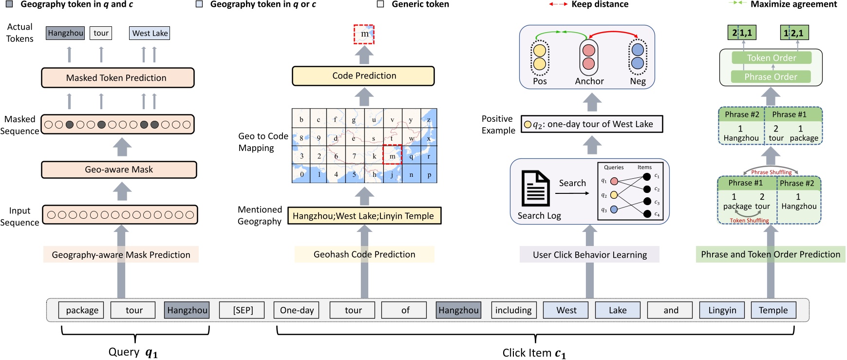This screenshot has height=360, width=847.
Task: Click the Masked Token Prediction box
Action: pyautogui.click(x=117, y=78)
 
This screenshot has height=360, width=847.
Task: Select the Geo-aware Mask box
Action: pyautogui.click(x=119, y=170)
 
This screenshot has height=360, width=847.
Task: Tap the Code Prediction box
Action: pyautogui.click(x=363, y=76)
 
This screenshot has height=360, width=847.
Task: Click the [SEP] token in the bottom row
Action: pyautogui.click(x=242, y=310)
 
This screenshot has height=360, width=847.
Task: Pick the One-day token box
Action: pyautogui.click(x=297, y=310)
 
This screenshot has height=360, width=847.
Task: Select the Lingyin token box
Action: pyautogui.click(x=722, y=310)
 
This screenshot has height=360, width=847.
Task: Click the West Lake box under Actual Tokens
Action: pyautogui.click(x=150, y=33)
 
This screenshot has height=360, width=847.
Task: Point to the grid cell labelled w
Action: pyautogui.click(x=412, y=138)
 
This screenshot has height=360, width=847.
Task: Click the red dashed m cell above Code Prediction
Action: pyautogui.click(x=364, y=34)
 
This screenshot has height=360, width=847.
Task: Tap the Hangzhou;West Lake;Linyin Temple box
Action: pyautogui.click(x=364, y=216)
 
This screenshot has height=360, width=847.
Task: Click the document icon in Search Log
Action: pyautogui.click(x=535, y=188)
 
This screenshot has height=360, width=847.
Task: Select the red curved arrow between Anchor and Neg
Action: pyautogui.click(x=614, y=34)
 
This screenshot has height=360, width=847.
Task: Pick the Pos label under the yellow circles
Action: pyautogui.click(x=540, y=81)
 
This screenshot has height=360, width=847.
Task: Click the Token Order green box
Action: pyautogui.click(x=772, y=58)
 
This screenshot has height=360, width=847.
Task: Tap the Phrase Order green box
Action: pyautogui.click(x=771, y=77)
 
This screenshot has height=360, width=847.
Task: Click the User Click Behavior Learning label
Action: pyautogui.click(x=589, y=255)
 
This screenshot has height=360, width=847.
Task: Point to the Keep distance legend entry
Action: pyautogui.click(x=589, y=4)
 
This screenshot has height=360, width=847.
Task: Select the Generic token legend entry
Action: pyautogui.click(x=414, y=4)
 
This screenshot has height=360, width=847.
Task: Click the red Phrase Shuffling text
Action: pyautogui.click(x=771, y=172)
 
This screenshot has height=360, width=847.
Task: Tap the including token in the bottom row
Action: pyautogui.click(x=513, y=310)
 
